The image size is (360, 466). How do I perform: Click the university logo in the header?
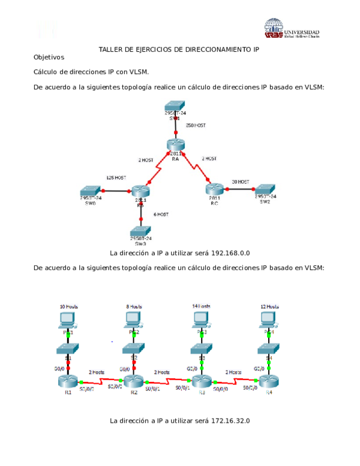pos(292,28)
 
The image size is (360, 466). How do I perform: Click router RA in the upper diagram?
pos(175,144)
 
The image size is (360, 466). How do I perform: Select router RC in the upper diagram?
pos(215,187)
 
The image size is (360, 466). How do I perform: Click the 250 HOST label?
pos(196,126)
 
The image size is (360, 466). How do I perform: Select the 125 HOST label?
pos(116,178)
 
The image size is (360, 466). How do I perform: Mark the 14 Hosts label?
pos(202,306)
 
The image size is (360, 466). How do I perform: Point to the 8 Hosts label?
pos(134,306)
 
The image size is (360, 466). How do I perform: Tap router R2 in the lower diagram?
pos(135,381)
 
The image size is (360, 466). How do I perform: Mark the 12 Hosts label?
pos(269,306)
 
